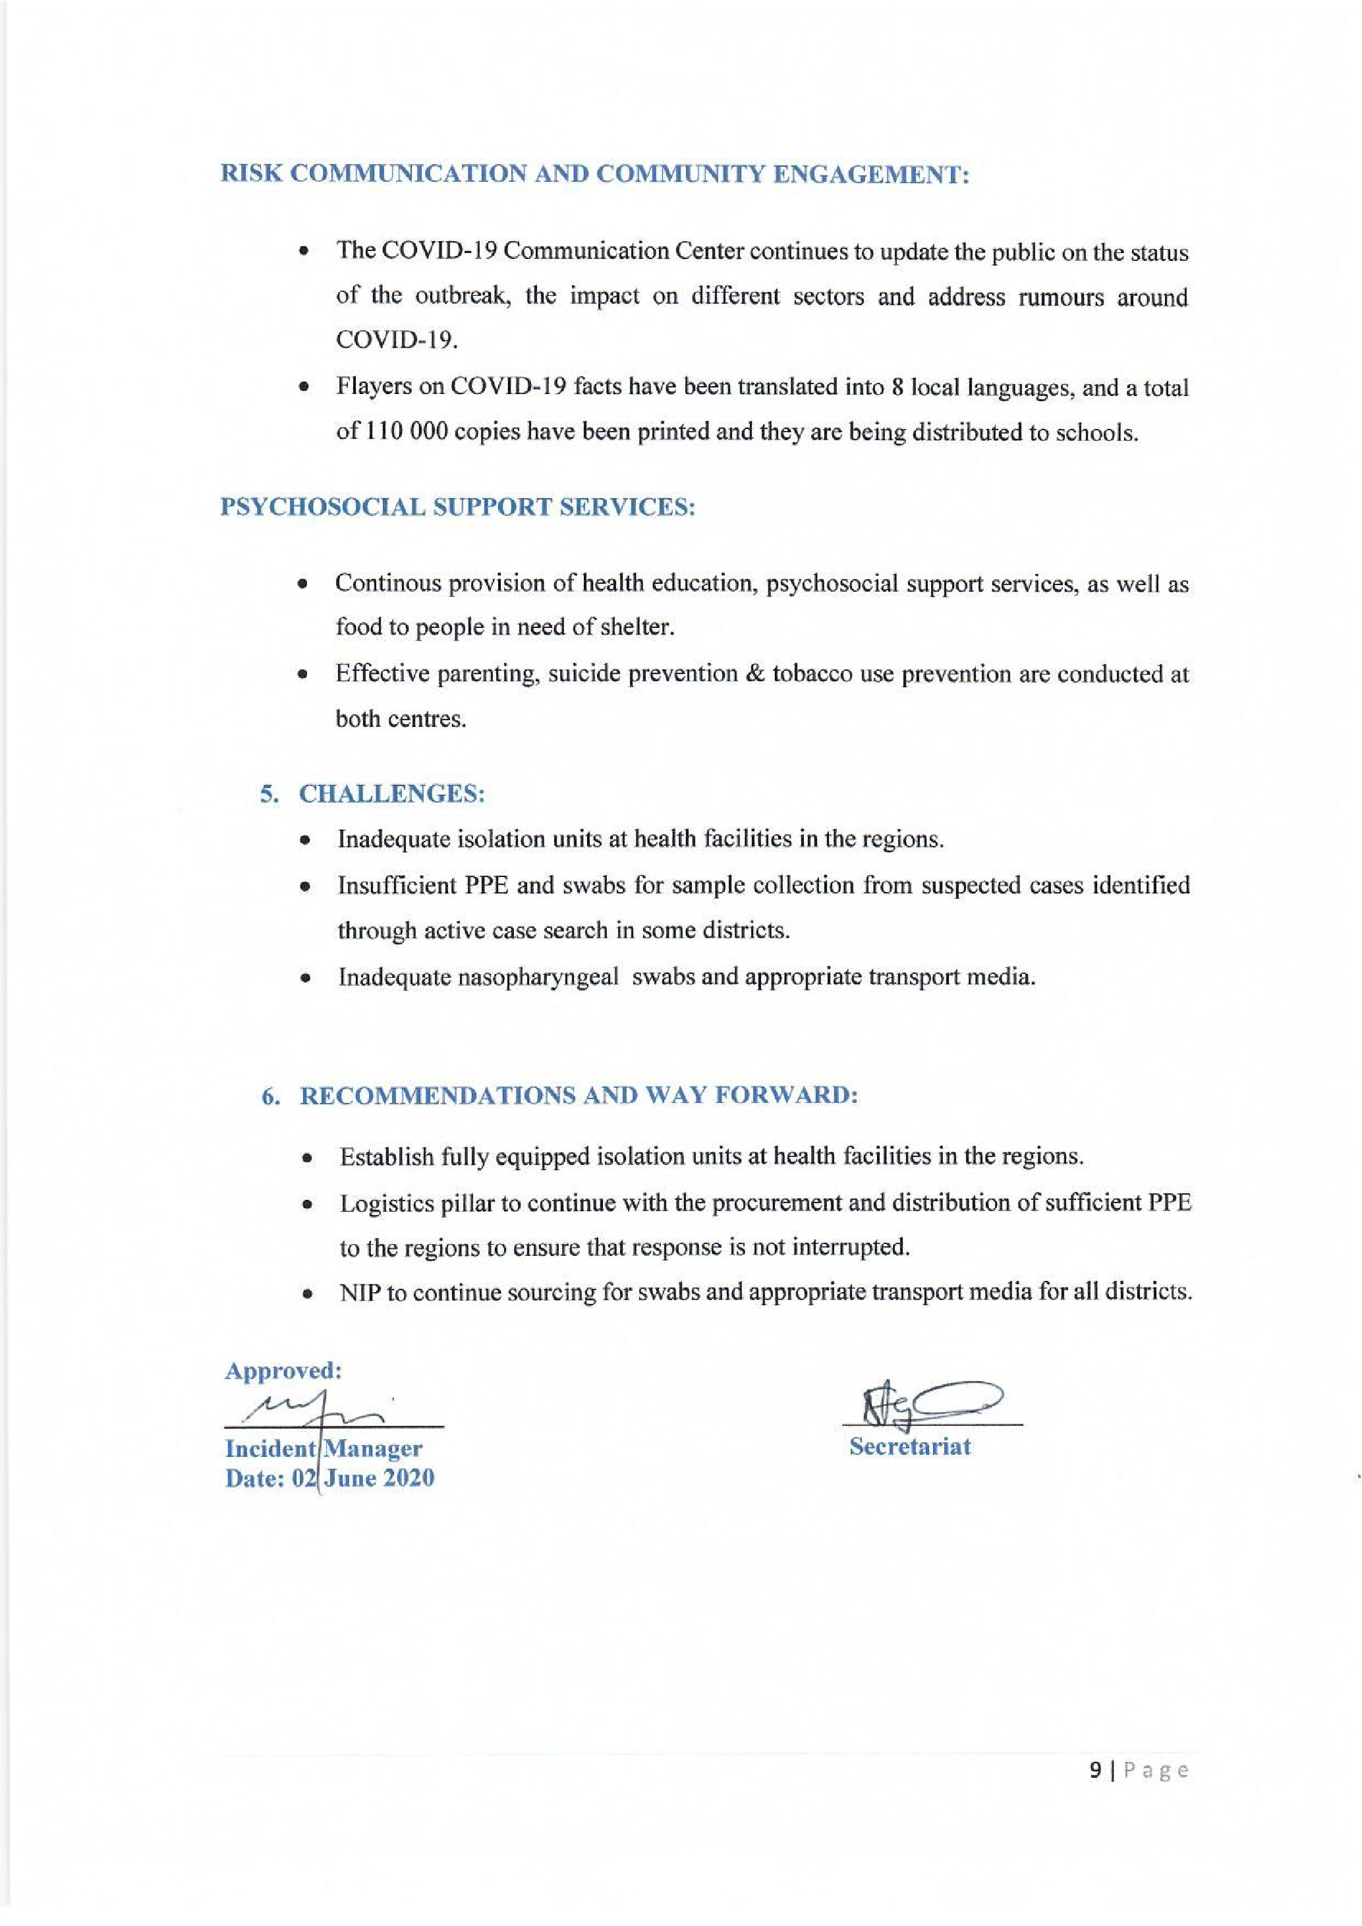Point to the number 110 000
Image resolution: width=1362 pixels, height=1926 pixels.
click(x=397, y=433)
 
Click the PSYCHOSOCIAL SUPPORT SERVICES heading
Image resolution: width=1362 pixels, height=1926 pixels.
click(x=458, y=507)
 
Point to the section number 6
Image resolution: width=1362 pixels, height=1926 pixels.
click(x=270, y=1096)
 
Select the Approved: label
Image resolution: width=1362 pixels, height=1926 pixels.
click(x=283, y=1371)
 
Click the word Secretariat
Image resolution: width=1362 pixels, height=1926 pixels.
click(x=910, y=1446)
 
